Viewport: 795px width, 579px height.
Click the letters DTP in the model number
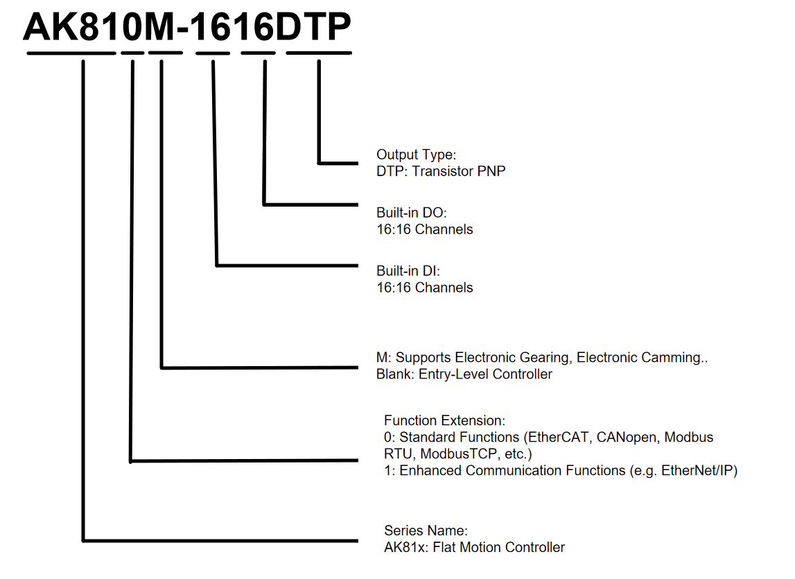click(313, 26)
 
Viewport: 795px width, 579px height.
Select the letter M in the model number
click(160, 26)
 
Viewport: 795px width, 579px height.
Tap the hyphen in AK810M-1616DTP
click(184, 29)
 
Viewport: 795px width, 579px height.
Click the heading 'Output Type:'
click(417, 154)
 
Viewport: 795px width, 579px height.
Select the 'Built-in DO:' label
click(412, 212)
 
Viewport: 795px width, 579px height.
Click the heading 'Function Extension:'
click(445, 420)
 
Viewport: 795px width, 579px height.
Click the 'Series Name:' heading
click(426, 530)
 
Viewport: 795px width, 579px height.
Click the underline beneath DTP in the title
click(319, 53)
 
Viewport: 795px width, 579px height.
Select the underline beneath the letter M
click(165, 53)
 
